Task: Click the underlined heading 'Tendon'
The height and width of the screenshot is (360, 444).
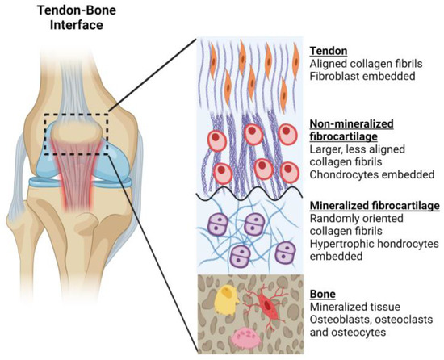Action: (x=327, y=48)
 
